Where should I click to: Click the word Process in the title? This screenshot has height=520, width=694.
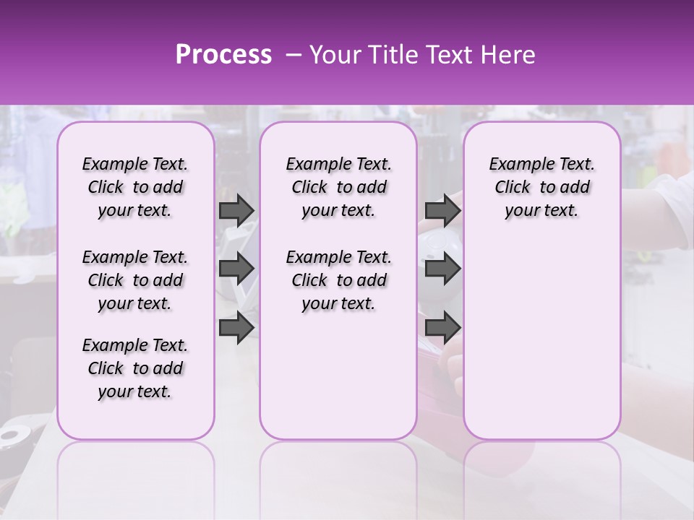(x=223, y=55)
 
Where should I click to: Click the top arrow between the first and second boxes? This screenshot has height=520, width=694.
(x=236, y=210)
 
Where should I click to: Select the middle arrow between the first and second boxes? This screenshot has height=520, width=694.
(x=236, y=269)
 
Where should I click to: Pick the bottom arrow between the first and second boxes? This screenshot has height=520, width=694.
(x=236, y=327)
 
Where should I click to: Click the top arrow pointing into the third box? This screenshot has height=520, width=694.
(x=442, y=210)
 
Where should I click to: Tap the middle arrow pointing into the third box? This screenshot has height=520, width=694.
(x=442, y=269)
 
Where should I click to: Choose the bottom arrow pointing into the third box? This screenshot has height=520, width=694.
(x=442, y=327)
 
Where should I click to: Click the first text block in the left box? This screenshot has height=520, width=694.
(x=135, y=187)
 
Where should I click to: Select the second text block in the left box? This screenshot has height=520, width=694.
(x=135, y=280)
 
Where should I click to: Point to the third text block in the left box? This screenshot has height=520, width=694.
(x=135, y=368)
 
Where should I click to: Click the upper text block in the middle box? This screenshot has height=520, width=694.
(x=339, y=187)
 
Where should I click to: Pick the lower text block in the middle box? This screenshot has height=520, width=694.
(x=339, y=280)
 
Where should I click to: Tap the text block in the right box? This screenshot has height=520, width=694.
(x=542, y=187)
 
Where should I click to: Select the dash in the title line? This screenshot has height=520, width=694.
(x=291, y=55)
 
